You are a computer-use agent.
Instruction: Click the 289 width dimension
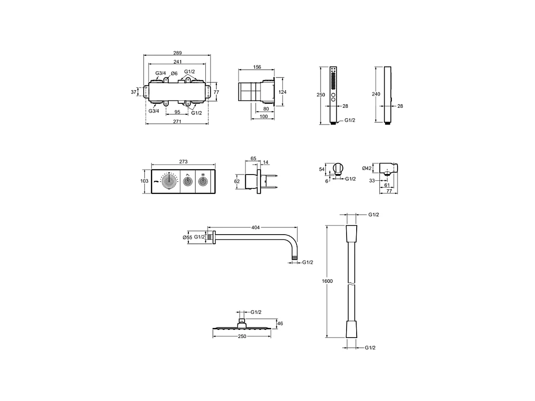pos(178,53)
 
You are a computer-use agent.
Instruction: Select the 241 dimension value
pos(178,62)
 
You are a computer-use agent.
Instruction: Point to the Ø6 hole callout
pos(174,73)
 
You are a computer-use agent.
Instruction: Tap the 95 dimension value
pos(177,113)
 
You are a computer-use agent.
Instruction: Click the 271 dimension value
pos(177,122)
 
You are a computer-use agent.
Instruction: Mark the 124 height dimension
pos(283,92)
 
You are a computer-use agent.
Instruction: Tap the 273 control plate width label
pos(183,162)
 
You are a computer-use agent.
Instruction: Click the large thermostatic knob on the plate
pos(169,182)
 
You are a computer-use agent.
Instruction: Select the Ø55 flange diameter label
pos(187,237)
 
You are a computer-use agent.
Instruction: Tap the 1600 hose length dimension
pos(327,281)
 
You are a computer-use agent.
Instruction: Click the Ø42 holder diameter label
pos(367,168)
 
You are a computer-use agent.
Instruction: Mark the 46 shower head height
pos(281,324)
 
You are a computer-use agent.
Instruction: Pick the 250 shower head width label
pos(242,336)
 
